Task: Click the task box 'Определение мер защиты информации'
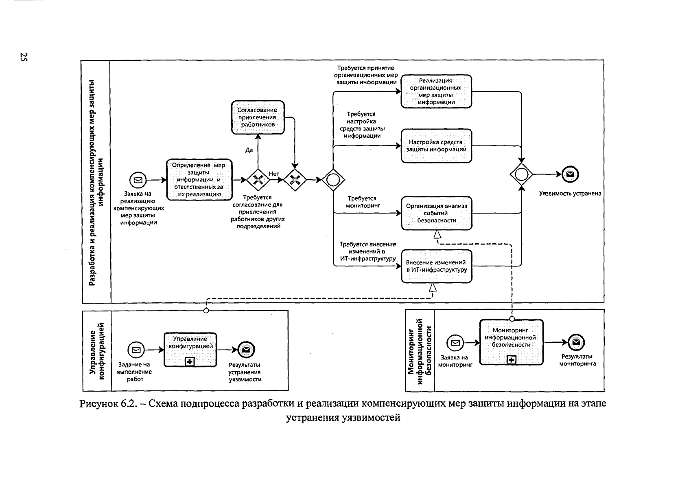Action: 199,179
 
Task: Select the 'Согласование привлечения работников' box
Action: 258,117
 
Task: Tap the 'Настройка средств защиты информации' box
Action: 436,146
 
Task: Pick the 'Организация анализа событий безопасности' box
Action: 436,213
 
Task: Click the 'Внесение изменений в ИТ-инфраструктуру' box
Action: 436,266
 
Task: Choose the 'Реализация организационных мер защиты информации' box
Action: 436,91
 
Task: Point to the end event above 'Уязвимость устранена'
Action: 570,175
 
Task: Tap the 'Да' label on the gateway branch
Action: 249,150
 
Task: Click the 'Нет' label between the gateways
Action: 274,174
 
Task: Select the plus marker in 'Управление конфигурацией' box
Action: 190,361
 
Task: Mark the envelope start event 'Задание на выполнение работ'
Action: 136,350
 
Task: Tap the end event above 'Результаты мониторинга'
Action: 576,342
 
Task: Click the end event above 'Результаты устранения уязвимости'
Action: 246,350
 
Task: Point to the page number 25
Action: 24,57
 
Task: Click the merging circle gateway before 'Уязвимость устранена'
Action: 521,175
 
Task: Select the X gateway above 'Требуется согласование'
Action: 258,180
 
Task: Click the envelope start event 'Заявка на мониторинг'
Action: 455,343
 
